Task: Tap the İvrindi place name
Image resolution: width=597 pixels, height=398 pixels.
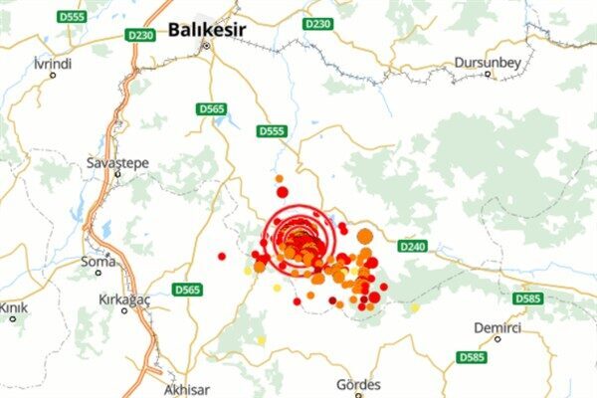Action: (52, 63)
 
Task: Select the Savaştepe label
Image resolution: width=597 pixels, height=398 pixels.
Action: (117, 161)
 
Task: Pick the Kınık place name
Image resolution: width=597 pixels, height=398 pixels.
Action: (12, 307)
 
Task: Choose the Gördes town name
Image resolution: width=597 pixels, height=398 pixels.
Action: (359, 385)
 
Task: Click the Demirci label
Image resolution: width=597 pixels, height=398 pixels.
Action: (497, 326)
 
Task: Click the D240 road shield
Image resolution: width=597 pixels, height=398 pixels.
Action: (411, 246)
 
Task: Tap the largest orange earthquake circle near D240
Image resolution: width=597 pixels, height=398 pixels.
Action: (364, 236)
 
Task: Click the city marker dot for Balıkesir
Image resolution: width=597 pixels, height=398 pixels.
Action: (207, 46)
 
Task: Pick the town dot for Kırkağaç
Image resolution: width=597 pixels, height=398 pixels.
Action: (124, 310)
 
